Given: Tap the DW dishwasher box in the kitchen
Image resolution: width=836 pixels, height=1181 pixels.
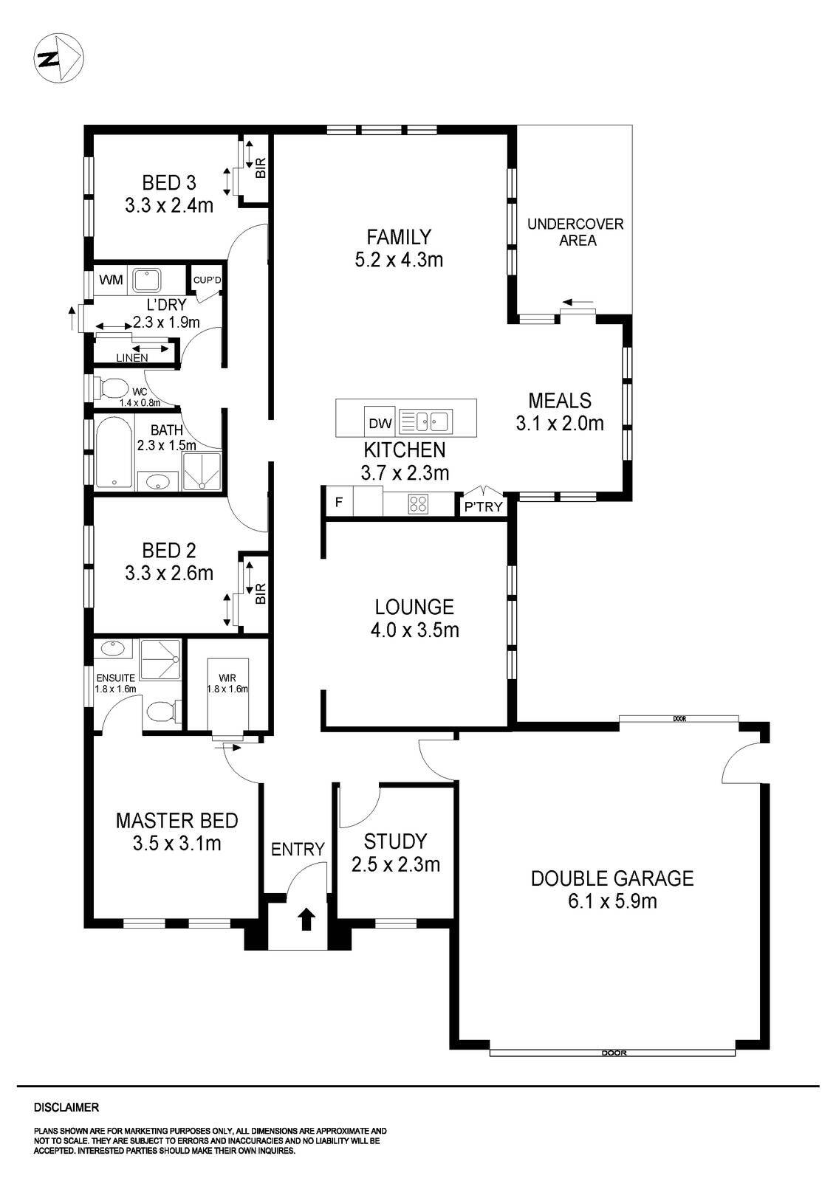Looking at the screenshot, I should tap(380, 423).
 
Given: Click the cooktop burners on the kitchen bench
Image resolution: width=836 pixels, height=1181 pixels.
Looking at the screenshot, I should tap(417, 504).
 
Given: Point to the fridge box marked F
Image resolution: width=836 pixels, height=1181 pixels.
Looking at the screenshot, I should tap(339, 503).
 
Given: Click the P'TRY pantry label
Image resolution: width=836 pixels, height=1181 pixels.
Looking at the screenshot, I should tap(483, 506).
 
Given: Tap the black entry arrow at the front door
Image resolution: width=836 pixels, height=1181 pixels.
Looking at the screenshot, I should tap(306, 919).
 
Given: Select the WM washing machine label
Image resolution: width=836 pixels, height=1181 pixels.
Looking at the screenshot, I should tap(112, 280).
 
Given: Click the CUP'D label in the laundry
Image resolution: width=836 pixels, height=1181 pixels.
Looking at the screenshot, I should tap(207, 280).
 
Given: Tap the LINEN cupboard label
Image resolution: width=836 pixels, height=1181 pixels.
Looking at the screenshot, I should tap(131, 357).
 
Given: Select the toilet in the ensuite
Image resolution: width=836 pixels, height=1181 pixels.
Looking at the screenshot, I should tap(160, 712).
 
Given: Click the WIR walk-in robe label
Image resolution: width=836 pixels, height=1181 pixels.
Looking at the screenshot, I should tap(227, 677).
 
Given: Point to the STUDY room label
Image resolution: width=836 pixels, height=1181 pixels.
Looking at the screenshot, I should tap(395, 841).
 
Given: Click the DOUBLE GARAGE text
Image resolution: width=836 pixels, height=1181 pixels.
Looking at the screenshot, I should tap(612, 878).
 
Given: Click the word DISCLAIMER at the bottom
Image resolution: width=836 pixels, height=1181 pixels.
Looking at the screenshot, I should tap(66, 1107).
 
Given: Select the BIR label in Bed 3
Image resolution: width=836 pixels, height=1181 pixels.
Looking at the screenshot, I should tap(260, 170).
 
